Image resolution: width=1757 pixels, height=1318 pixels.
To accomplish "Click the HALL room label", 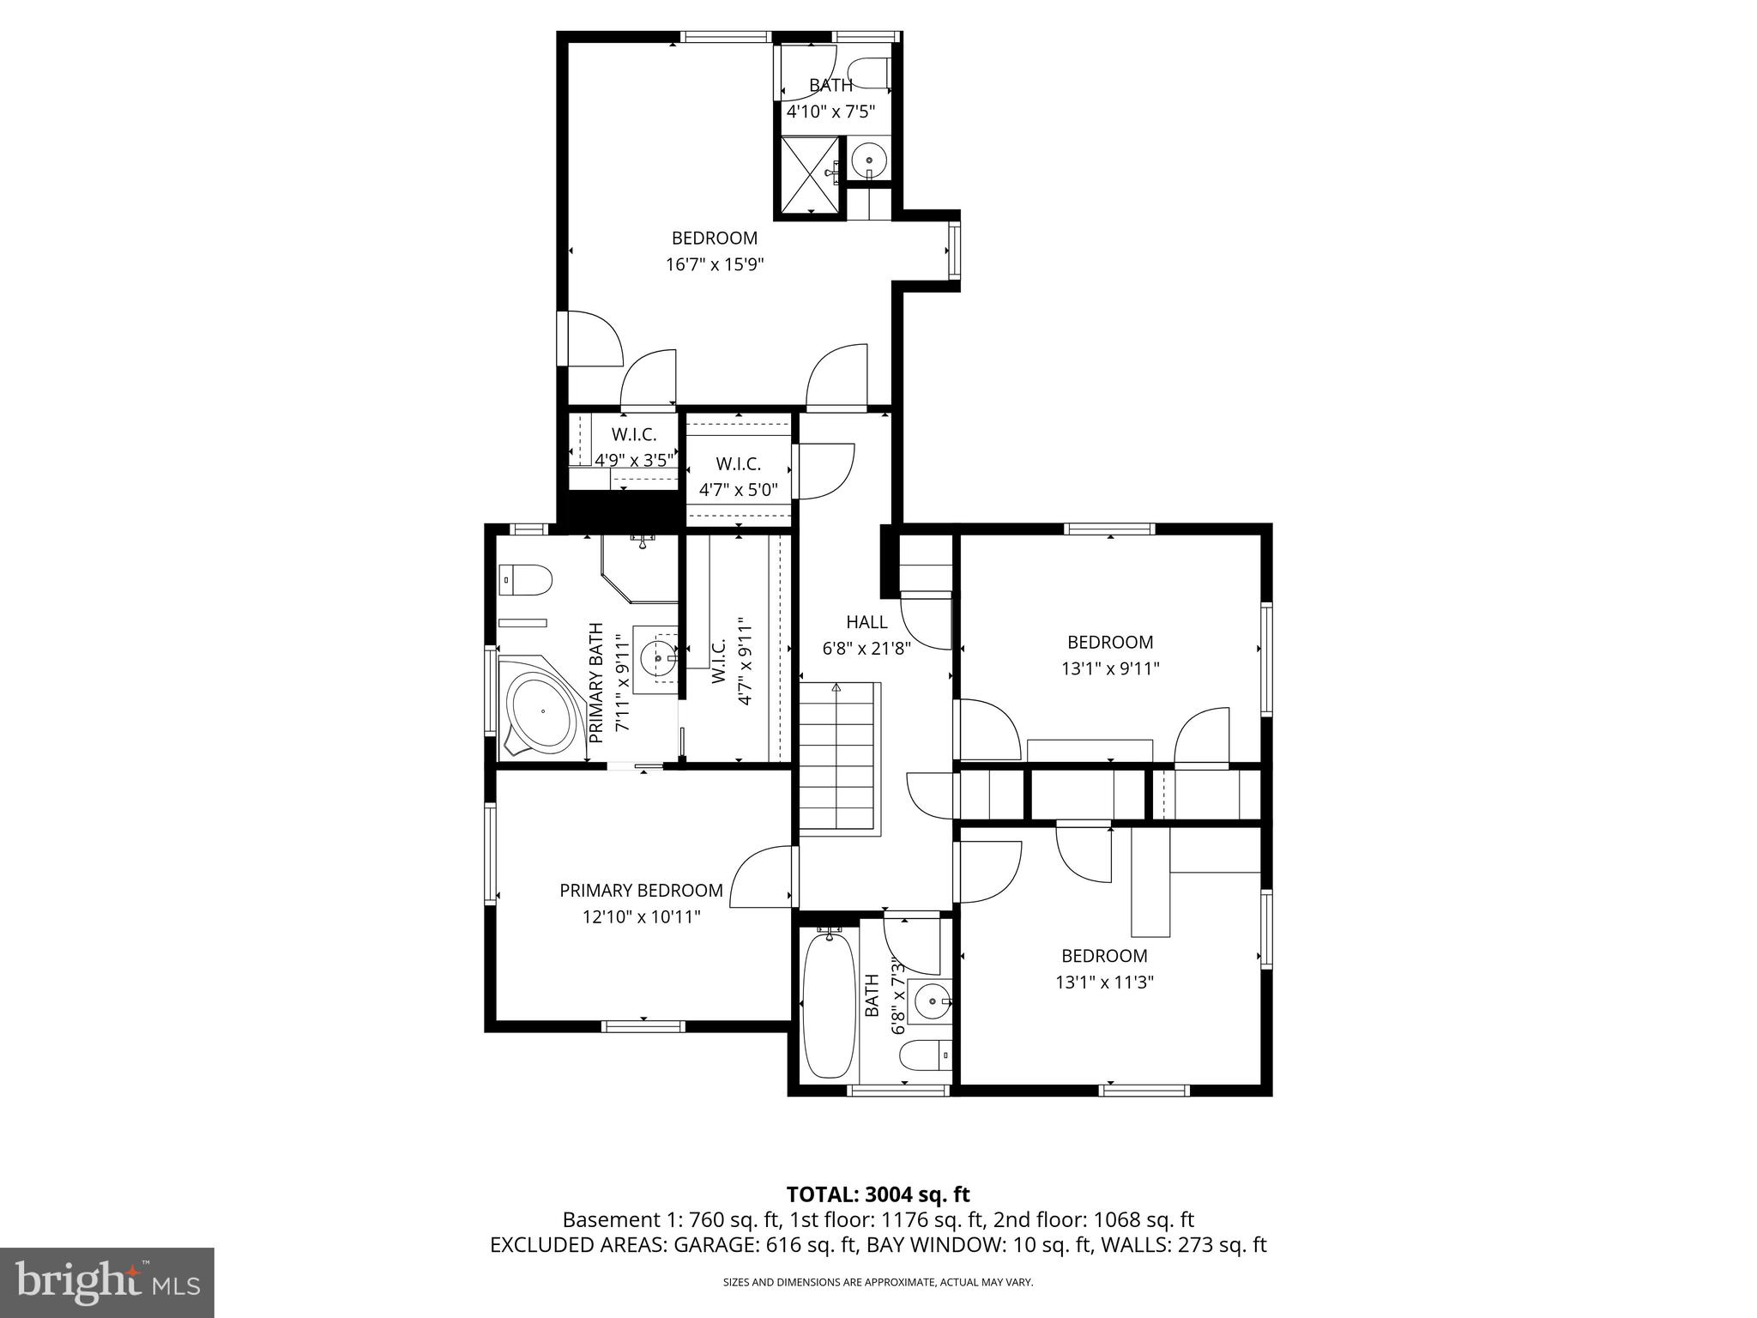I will [866, 622].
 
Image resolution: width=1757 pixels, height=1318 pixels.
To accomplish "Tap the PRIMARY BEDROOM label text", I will [641, 891].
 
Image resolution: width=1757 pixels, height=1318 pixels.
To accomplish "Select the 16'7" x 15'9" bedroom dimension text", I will [715, 264].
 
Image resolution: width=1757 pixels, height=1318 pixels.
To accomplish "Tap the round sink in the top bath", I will [870, 160].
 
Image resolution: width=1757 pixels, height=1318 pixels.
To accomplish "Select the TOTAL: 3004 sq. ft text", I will [878, 1194].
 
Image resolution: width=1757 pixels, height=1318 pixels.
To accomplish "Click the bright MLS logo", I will [107, 1282].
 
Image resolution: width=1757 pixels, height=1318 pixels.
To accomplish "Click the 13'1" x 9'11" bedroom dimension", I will [1110, 668].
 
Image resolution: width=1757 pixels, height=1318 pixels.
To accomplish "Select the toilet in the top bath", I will [869, 71].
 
